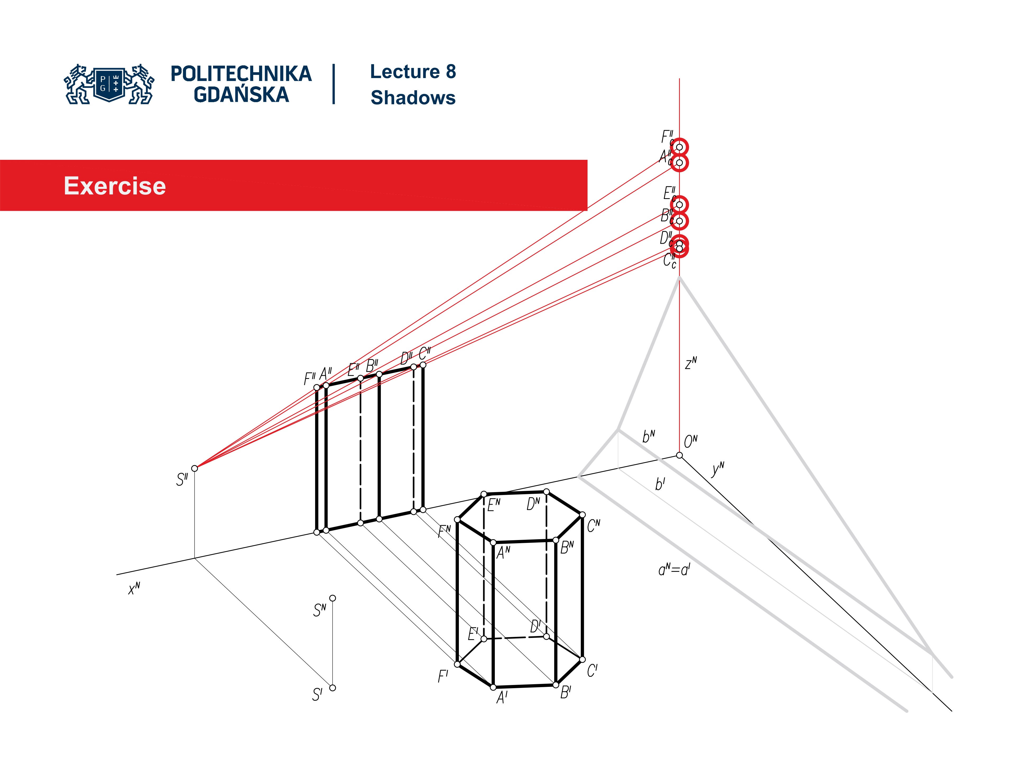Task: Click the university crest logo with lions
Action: (109, 84)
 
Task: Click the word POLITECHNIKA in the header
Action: (241, 74)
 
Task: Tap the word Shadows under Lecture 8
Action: (413, 98)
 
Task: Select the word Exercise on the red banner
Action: (115, 186)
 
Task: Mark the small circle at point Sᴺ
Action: (333, 598)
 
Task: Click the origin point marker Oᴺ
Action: (680, 455)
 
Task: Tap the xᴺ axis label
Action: (134, 588)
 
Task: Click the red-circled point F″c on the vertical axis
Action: (680, 147)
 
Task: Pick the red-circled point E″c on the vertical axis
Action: (680, 205)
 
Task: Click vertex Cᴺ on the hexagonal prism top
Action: (582, 515)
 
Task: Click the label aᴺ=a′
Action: (674, 570)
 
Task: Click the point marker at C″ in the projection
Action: (423, 365)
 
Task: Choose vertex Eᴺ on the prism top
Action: (484, 494)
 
